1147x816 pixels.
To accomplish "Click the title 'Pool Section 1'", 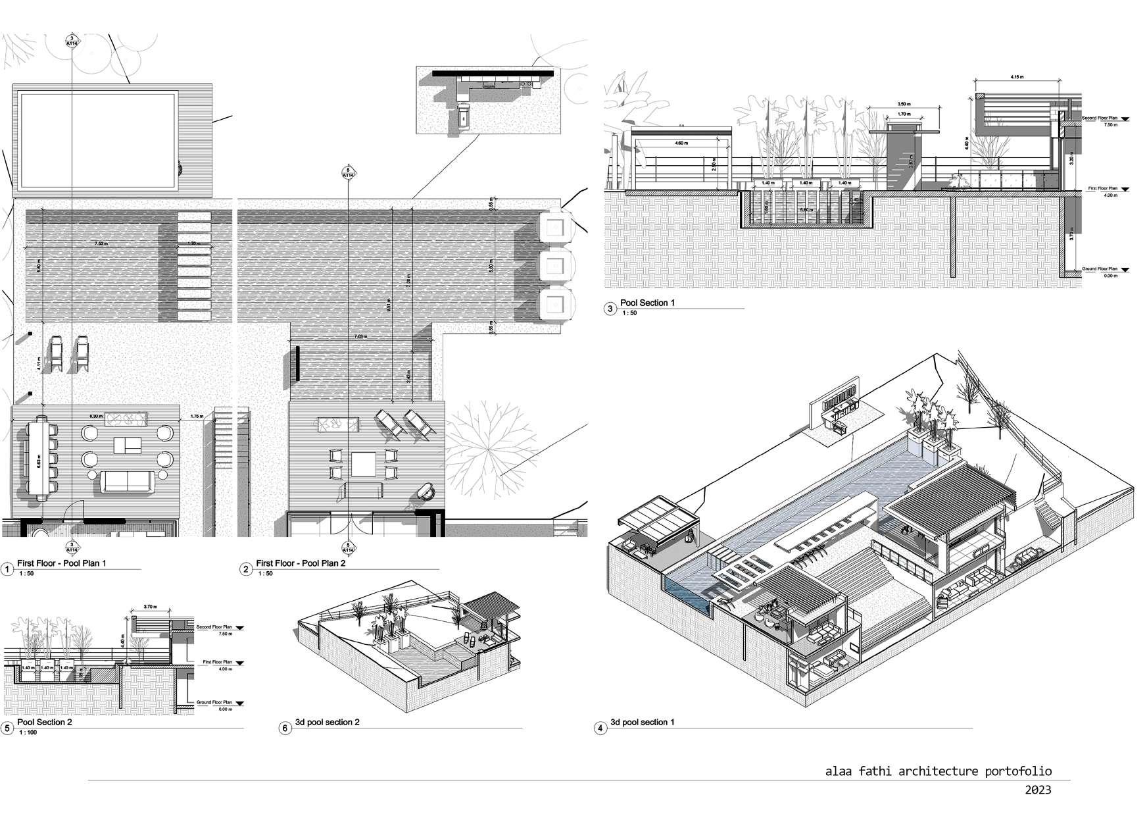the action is [x=647, y=303].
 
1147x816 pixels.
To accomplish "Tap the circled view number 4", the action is [x=599, y=728].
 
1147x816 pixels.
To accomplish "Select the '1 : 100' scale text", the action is [x=28, y=732].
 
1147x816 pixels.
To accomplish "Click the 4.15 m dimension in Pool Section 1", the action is [x=1016, y=78].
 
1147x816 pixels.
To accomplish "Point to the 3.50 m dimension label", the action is [x=904, y=104].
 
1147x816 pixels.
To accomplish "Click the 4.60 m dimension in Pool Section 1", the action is [x=681, y=143].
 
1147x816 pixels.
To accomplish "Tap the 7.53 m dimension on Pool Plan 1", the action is [x=101, y=243].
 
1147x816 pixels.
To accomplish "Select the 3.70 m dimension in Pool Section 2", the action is [x=151, y=607].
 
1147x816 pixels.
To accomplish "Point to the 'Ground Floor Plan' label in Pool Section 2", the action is [x=214, y=703].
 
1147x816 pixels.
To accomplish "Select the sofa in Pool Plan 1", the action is [x=128, y=481].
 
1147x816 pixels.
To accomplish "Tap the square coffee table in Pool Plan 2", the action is [x=364, y=464].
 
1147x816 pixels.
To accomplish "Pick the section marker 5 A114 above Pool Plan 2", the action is [x=347, y=173].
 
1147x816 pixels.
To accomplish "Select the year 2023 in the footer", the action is [x=1038, y=790].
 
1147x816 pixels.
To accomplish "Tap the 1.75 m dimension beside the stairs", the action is [x=195, y=416].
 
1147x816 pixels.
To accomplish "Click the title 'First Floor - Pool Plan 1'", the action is [x=61, y=563].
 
